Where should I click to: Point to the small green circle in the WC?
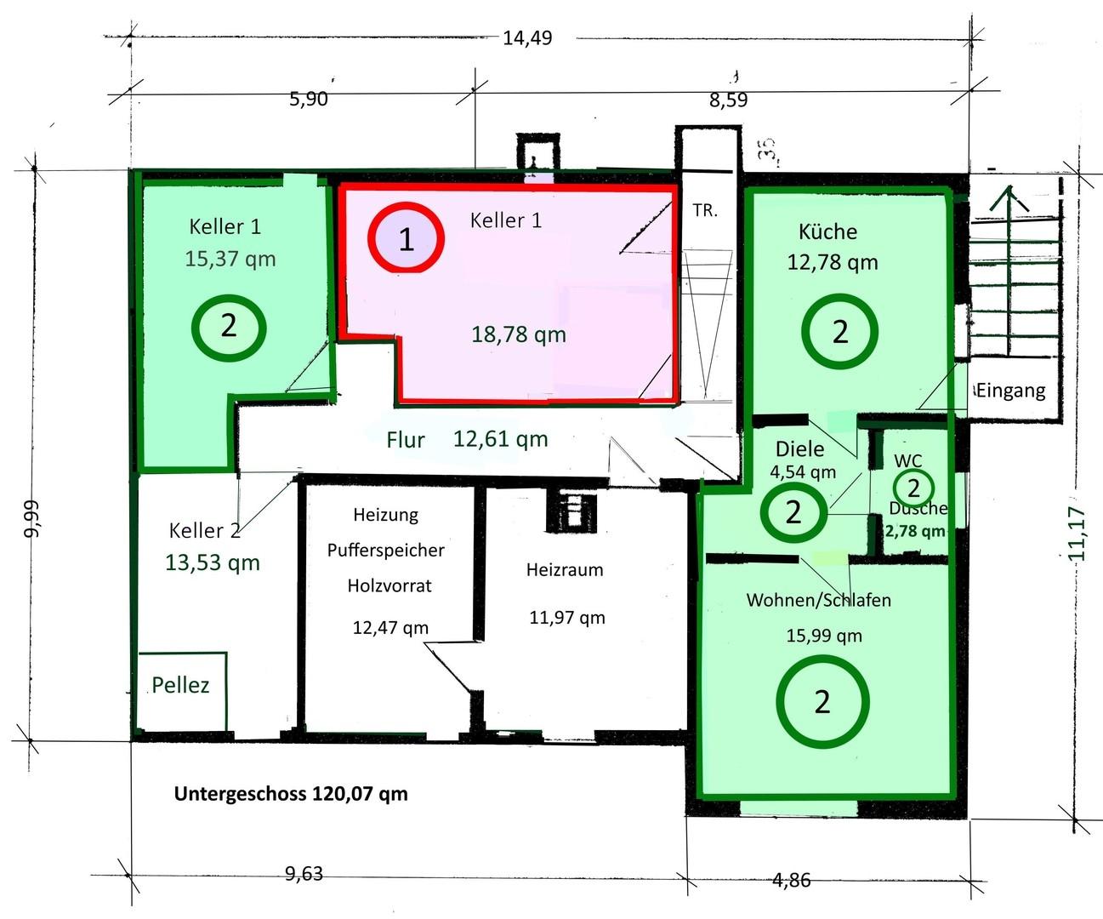(895, 488)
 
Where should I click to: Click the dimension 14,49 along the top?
(527, 38)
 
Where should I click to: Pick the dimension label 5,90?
(309, 99)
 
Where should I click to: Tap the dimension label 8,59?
(729, 100)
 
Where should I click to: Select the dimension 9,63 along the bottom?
(304, 874)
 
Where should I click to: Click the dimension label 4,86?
(792, 880)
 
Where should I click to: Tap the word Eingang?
(1010, 391)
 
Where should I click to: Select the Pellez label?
(180, 685)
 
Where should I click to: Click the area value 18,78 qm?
(518, 334)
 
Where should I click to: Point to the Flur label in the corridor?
(405, 440)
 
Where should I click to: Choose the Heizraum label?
(565, 569)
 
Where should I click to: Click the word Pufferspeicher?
(385, 551)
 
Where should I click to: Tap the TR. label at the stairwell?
(705, 210)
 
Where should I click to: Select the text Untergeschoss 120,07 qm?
(291, 794)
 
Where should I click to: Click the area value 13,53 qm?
(213, 562)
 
